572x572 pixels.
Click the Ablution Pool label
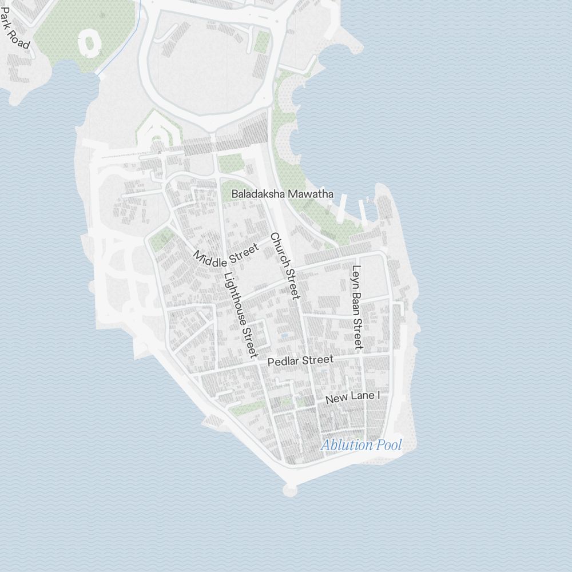[361, 445]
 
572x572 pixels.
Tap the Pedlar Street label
[300, 361]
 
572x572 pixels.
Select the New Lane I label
[352, 398]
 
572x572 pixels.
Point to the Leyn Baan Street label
[357, 307]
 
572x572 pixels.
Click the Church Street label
[285, 265]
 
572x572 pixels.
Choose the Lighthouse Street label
[241, 314]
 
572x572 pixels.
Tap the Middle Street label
[226, 255]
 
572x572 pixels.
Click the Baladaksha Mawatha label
[282, 194]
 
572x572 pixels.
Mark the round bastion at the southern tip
[290, 490]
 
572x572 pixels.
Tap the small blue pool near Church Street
[284, 335]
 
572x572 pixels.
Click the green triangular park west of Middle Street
[162, 239]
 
